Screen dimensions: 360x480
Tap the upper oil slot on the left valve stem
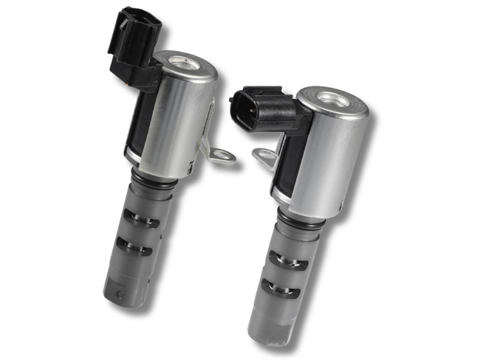click(142, 219)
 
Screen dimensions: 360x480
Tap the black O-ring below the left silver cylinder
click(153, 180)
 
